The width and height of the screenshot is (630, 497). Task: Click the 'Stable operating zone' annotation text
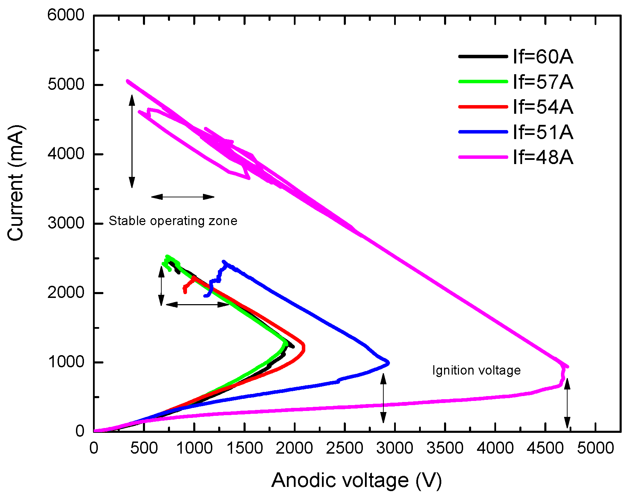[x=173, y=221]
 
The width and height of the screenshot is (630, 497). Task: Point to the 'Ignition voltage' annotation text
[x=476, y=370]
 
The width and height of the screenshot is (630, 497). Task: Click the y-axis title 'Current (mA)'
[x=16, y=183]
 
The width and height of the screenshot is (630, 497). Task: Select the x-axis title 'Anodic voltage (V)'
[x=356, y=480]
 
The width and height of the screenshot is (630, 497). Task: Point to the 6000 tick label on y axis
[x=66, y=15]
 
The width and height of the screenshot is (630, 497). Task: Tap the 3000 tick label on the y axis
[x=66, y=223]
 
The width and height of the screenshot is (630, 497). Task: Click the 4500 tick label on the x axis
[x=545, y=448]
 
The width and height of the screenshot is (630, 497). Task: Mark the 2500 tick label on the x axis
[x=344, y=448]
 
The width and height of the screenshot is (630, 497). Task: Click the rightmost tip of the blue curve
[x=389, y=363]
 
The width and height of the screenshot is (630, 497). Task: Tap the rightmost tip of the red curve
[x=304, y=347]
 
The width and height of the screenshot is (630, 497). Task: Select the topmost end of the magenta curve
[x=128, y=81]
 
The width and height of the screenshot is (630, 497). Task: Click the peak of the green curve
[x=167, y=256]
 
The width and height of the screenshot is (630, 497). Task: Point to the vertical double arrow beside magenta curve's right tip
[x=567, y=403]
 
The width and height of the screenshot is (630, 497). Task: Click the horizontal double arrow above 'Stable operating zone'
[x=183, y=197]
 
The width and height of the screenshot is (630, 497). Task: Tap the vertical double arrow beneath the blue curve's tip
[x=383, y=398]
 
